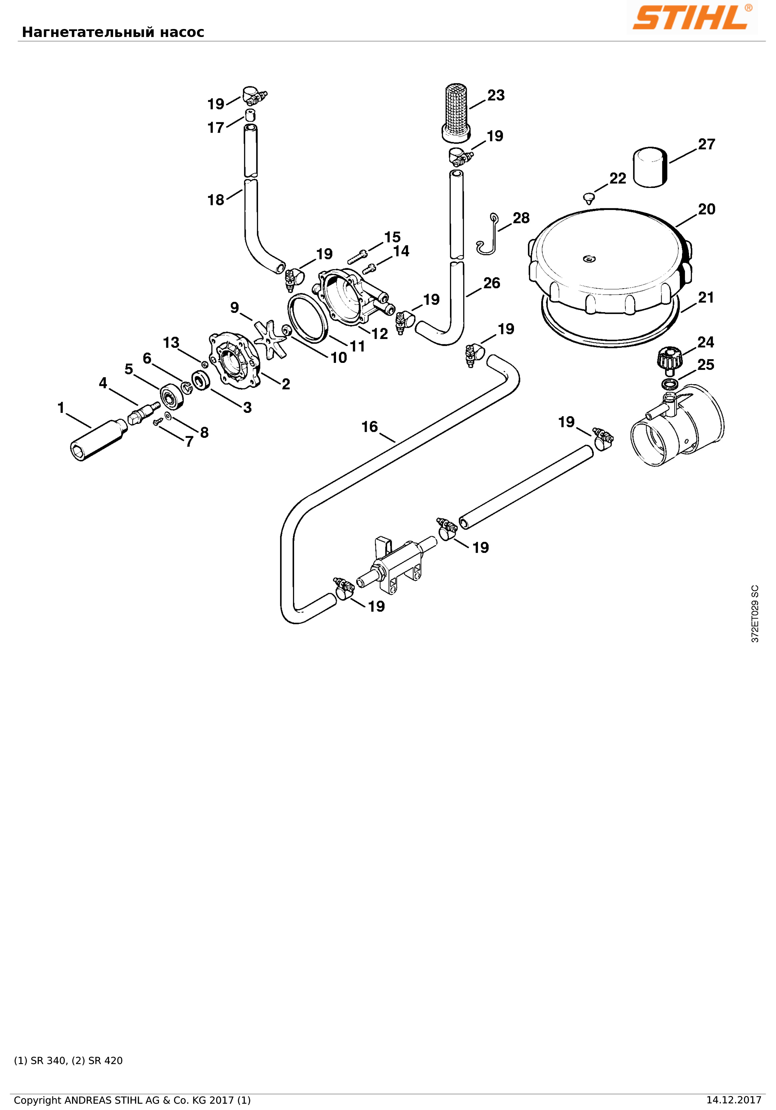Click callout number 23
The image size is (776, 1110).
coord(496,95)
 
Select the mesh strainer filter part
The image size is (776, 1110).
coord(456,113)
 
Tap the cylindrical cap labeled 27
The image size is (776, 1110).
coord(650,167)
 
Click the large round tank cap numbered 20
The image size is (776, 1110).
coord(610,261)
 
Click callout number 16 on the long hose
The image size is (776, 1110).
coord(370,427)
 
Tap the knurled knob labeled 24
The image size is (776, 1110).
coord(670,360)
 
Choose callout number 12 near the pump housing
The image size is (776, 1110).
coord(380,334)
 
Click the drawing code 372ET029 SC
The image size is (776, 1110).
coord(755,613)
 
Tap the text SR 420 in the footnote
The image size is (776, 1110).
coord(105,1074)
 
